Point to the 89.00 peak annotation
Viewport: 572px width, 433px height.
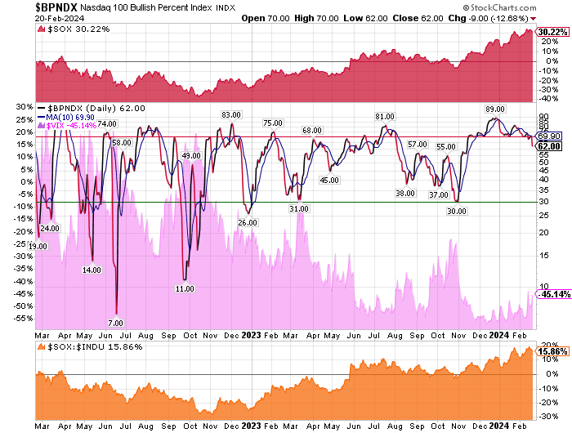click(494, 109)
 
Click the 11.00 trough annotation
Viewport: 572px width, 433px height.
click(185, 288)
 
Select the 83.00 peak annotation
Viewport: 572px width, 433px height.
click(231, 114)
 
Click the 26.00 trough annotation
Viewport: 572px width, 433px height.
click(248, 222)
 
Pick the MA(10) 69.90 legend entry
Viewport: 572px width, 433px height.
click(74, 118)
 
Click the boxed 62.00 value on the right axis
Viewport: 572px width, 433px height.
click(548, 146)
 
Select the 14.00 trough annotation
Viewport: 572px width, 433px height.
click(92, 270)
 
